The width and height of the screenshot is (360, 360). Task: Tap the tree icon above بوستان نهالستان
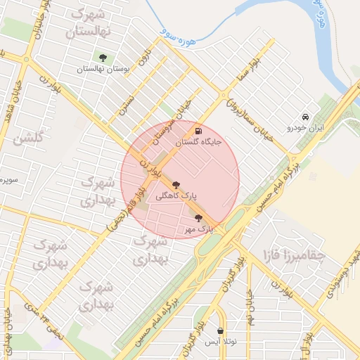point(103,58)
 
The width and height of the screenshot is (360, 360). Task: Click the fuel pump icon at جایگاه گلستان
point(198,131)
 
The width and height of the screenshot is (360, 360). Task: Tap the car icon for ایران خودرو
point(304,117)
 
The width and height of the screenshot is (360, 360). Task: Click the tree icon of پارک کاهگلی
point(186,183)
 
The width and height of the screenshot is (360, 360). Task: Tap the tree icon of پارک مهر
point(198,218)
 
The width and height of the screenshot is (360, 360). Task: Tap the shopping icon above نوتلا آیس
point(221,330)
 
